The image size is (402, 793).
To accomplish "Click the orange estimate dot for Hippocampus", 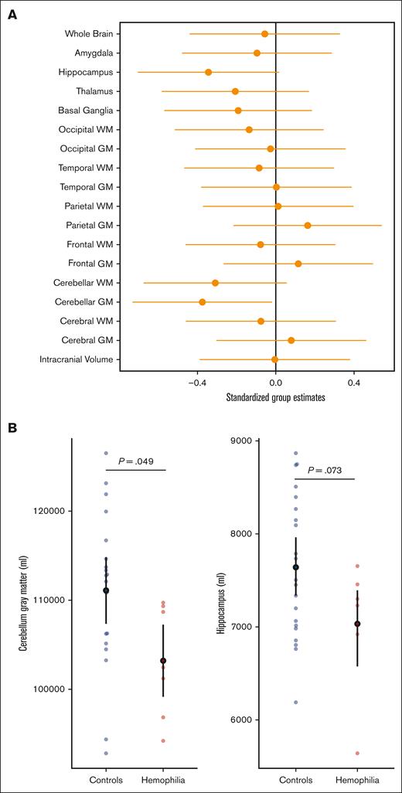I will tap(209, 72).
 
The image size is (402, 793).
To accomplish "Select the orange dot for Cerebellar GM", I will tap(203, 302).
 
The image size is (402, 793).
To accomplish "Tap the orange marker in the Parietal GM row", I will tap(308, 225).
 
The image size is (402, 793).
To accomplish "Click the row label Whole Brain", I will tap(90, 34).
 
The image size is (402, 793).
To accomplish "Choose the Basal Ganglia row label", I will tap(89, 111).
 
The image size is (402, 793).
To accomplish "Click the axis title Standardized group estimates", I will tap(275, 397).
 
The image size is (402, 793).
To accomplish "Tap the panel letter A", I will tap(12, 13).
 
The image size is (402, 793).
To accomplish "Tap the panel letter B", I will tap(12, 427).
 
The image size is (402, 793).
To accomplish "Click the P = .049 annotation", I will tap(135, 461).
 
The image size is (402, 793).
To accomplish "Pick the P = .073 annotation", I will tap(324, 470).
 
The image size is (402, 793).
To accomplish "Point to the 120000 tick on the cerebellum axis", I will tap(50, 511).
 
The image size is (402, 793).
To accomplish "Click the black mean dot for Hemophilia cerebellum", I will tap(163, 661).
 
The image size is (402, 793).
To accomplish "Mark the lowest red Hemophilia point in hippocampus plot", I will tap(357, 753).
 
